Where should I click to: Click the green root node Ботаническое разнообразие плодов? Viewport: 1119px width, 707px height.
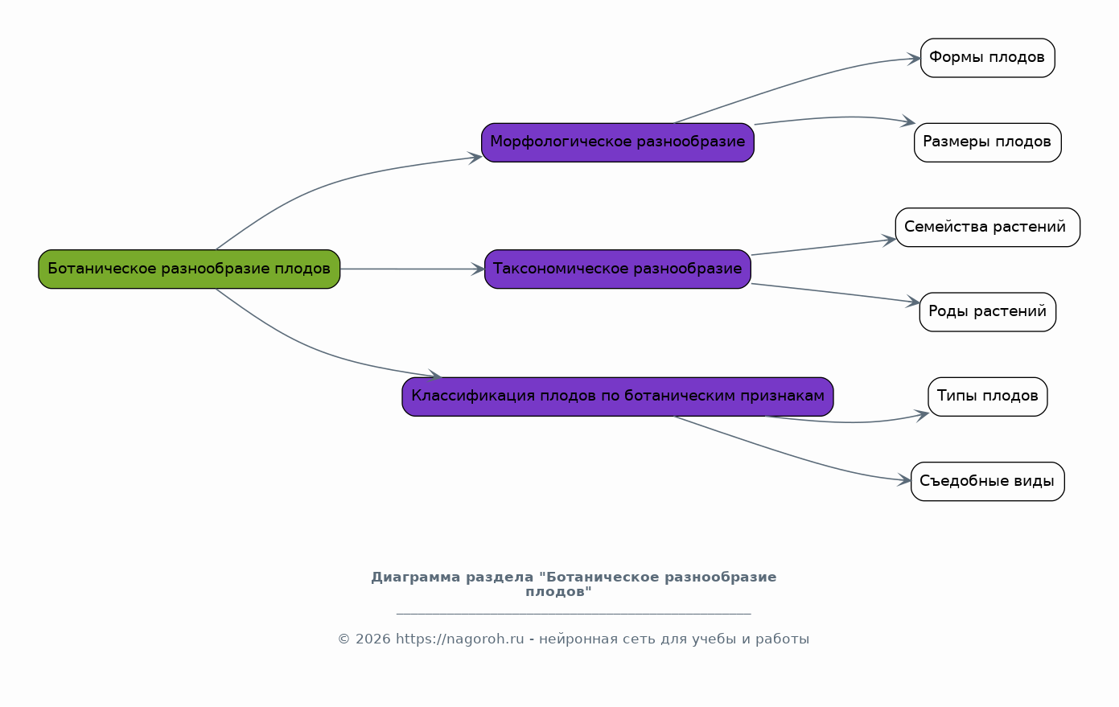pos(189,269)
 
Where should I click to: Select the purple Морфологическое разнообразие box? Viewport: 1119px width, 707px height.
pos(618,143)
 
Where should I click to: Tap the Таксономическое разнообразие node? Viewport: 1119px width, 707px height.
pos(618,269)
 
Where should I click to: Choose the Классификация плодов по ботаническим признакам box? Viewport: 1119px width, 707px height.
pos(618,397)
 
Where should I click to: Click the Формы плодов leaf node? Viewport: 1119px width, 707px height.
pos(988,58)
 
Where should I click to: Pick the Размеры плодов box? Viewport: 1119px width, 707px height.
pos(988,143)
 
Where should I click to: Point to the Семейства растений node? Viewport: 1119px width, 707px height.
pos(988,228)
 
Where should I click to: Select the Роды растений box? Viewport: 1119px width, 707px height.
pos(988,312)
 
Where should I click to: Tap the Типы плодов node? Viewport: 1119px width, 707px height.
pos(988,397)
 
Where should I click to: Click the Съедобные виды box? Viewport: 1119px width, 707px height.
pos(988,482)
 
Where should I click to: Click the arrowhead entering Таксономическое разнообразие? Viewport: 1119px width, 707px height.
pos(478,269)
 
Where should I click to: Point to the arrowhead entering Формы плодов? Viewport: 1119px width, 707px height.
pos(914,59)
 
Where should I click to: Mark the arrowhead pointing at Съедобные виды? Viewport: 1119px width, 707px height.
pos(904,480)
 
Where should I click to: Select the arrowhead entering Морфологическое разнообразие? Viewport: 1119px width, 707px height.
pos(475,158)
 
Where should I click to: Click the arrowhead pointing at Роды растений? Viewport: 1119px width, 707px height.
pos(913,302)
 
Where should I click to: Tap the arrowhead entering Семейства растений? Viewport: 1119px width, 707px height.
pos(888,240)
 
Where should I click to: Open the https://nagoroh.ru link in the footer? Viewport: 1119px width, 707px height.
pos(459,639)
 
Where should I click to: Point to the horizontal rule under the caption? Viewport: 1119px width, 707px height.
pos(574,613)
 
